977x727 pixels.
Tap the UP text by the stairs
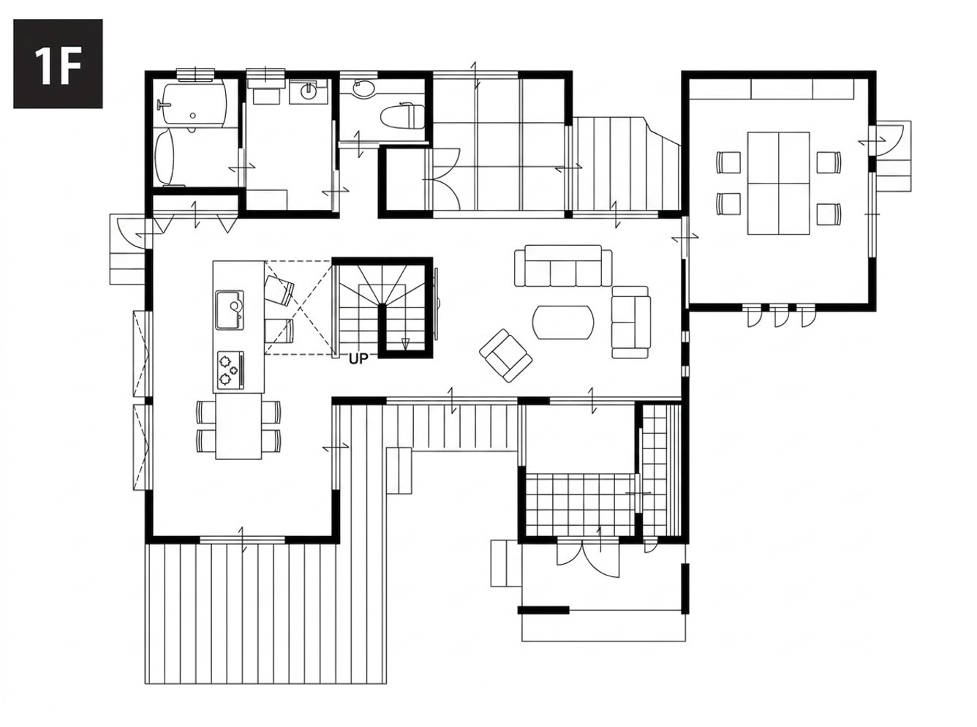point(358,360)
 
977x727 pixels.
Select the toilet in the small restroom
point(401,116)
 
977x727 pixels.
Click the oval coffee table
point(562,323)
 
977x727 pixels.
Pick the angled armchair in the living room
point(505,355)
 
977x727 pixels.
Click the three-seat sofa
point(563,265)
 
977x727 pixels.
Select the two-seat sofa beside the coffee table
point(630,323)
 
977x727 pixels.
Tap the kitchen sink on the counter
point(229,310)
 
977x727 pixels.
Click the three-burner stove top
point(229,369)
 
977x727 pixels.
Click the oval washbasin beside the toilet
point(364,88)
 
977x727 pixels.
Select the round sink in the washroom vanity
point(308,91)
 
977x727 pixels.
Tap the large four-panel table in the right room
point(778,183)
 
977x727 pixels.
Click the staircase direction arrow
point(406,344)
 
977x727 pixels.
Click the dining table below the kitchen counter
point(238,426)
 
